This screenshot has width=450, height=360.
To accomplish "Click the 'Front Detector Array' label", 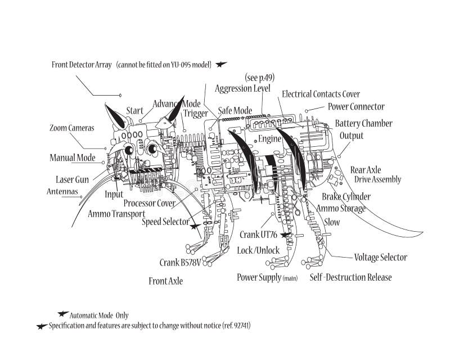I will pos(82,65).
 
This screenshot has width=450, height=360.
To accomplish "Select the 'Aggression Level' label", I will pos(242,88).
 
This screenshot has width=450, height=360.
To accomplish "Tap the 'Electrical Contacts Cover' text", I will pos(321,94).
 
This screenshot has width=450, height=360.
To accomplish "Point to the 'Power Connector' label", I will pos(356,106).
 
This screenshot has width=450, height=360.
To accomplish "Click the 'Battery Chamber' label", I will pos(363,123).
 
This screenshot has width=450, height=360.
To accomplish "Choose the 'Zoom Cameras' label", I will pos(72,128).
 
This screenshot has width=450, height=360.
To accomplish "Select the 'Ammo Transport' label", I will pos(116,214).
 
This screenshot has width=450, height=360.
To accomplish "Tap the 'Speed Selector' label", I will pos(165,222).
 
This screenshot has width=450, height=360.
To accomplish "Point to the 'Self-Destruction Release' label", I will pos(350,277).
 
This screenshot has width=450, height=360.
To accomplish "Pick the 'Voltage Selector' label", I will pos(380,258).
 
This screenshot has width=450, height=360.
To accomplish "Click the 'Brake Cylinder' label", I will pos(346,196).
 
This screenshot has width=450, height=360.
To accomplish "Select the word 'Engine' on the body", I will pos(269,138).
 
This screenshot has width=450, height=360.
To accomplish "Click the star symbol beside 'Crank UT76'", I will pos(286,235).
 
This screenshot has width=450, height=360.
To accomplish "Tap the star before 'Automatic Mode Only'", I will pos(63,314).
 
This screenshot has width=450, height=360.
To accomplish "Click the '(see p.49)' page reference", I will pos(260,77).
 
